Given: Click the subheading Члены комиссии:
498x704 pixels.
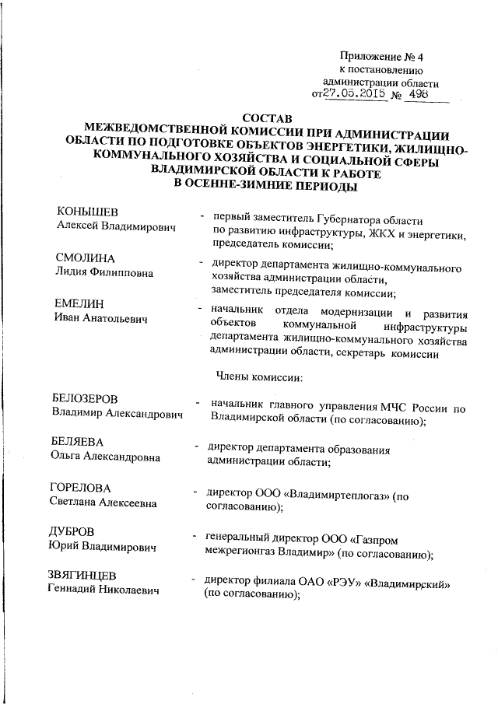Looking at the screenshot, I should click(x=263, y=378).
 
